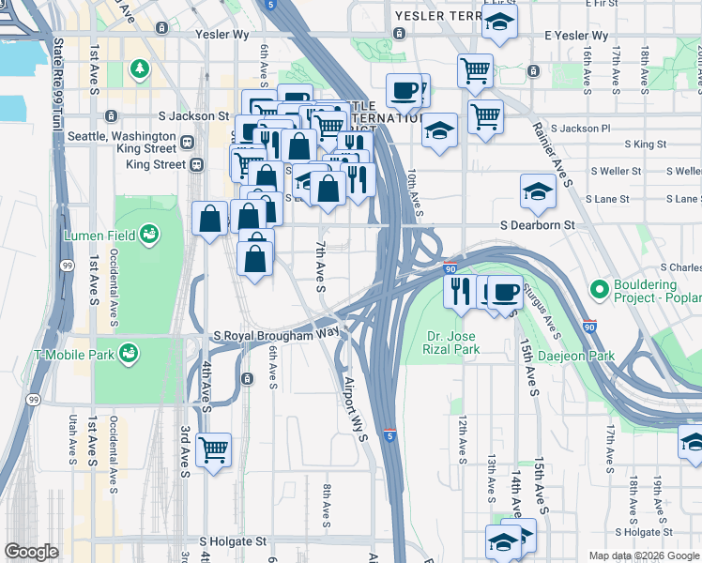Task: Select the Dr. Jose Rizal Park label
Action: point(453,342)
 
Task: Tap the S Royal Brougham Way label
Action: point(276,335)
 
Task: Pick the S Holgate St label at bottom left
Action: point(234,541)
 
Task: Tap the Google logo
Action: point(31,551)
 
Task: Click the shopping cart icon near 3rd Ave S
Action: point(213,450)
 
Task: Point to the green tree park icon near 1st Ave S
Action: point(140,68)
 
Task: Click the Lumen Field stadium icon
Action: point(148,235)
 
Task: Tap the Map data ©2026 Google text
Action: point(644,555)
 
